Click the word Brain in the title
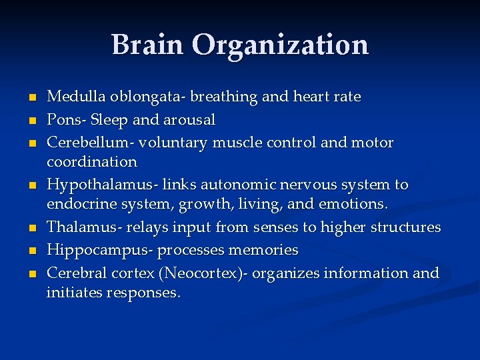(x=147, y=45)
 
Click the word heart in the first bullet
(x=311, y=97)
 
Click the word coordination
(x=92, y=162)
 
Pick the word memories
(x=263, y=250)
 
